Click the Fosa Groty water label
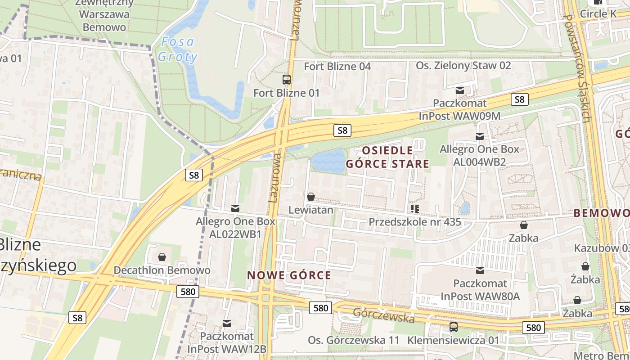click(178, 49)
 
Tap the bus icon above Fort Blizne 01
click(287, 80)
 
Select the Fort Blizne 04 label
click(337, 67)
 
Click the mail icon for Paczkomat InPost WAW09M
click(459, 91)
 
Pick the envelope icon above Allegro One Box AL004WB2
click(480, 136)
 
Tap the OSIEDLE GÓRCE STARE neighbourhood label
click(387, 157)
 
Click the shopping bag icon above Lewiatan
click(310, 197)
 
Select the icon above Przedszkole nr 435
click(414, 208)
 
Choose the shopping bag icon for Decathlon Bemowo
click(162, 257)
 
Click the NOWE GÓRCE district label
click(289, 275)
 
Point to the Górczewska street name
click(383, 315)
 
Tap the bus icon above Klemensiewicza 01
click(454, 327)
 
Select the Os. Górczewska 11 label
click(353, 340)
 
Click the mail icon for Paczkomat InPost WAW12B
click(227, 323)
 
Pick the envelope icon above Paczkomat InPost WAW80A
click(480, 270)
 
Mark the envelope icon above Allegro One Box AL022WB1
click(235, 208)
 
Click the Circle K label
click(598, 14)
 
